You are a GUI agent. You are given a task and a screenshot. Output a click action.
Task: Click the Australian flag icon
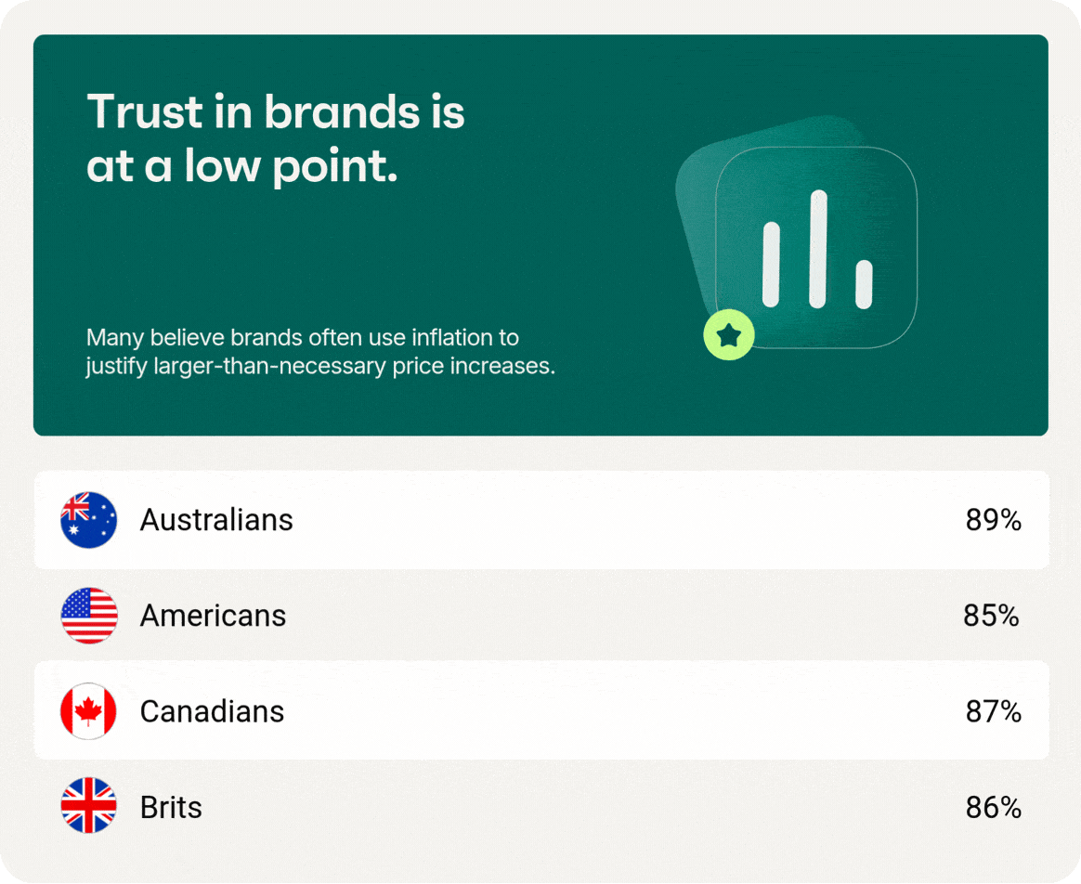(x=89, y=520)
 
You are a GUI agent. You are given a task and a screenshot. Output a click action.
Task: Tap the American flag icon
(x=89, y=616)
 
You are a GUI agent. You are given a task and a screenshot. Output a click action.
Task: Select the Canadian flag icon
(x=89, y=711)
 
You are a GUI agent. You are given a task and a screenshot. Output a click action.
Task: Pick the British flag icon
(x=89, y=805)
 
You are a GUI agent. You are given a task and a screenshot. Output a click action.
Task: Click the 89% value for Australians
(x=993, y=520)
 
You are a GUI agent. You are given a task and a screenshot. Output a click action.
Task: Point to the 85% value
(x=991, y=616)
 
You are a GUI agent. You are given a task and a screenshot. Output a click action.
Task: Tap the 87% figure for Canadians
(x=993, y=711)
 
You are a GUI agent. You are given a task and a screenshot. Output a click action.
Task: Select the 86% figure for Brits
(x=993, y=808)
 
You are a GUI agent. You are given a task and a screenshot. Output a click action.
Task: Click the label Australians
(x=216, y=520)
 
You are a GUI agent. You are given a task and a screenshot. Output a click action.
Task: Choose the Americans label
(x=213, y=616)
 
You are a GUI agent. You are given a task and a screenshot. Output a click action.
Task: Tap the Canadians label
(x=213, y=711)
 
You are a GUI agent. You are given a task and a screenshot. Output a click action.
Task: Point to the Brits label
(x=171, y=808)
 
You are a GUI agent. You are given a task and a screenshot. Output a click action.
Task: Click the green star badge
(x=729, y=335)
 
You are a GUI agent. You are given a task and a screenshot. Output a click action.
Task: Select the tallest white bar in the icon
(x=817, y=249)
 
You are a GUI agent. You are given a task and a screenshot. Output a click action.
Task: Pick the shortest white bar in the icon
(x=864, y=284)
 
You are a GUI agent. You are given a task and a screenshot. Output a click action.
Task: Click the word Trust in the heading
(x=146, y=111)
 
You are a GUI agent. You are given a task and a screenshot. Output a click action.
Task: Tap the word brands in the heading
(x=342, y=111)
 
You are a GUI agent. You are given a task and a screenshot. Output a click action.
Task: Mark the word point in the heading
(x=335, y=168)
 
